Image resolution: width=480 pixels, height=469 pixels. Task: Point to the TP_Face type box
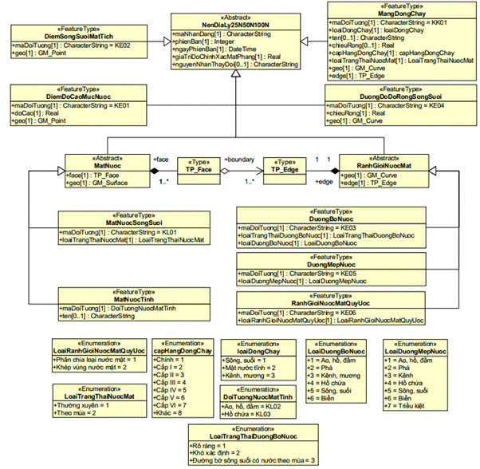[x=197, y=169]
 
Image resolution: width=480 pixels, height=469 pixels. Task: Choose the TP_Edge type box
[x=285, y=169]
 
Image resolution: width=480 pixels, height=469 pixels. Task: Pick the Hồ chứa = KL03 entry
[x=248, y=415]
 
